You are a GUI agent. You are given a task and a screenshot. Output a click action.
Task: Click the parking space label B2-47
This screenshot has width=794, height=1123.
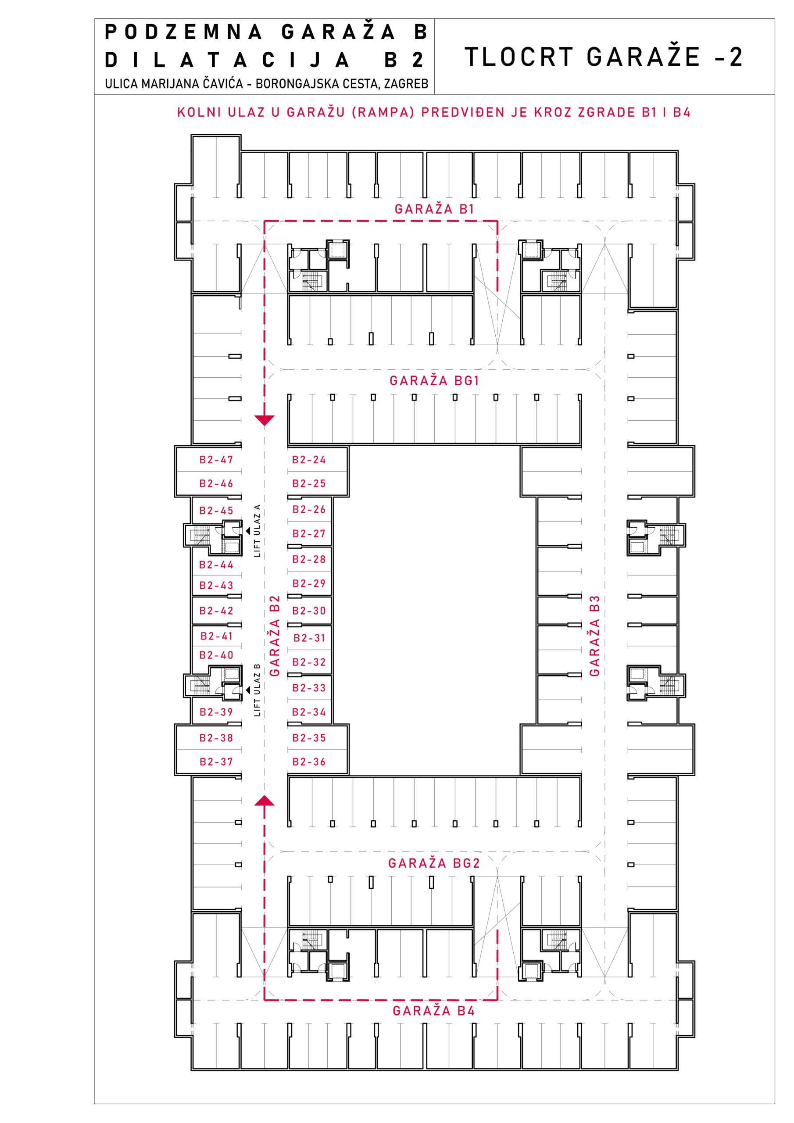click(x=216, y=460)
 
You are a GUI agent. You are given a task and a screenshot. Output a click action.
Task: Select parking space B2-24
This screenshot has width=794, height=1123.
click(x=309, y=460)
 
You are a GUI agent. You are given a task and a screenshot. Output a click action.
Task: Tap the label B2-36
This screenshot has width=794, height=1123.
click(x=309, y=762)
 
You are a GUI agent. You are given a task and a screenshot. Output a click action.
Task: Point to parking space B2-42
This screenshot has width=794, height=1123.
click(x=216, y=611)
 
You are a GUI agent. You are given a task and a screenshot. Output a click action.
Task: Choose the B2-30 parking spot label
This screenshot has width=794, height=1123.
click(x=309, y=611)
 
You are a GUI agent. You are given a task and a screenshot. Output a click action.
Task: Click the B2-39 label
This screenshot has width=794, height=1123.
click(x=216, y=712)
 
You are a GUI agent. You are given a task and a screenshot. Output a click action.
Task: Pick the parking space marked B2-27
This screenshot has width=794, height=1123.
click(x=309, y=533)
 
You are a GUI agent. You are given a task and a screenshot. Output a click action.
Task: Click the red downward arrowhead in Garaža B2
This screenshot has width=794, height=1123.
click(x=264, y=420)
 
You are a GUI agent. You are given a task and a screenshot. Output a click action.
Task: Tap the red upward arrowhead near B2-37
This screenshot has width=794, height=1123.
click(x=264, y=800)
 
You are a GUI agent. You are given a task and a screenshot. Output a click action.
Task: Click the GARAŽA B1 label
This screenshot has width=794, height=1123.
click(x=434, y=209)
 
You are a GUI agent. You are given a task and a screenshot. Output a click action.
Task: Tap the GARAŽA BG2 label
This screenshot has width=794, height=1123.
click(x=434, y=863)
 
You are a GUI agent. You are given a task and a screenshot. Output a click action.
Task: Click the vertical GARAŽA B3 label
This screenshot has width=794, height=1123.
click(x=594, y=636)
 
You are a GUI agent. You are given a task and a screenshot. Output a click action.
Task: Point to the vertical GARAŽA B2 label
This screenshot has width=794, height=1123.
click(x=275, y=636)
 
